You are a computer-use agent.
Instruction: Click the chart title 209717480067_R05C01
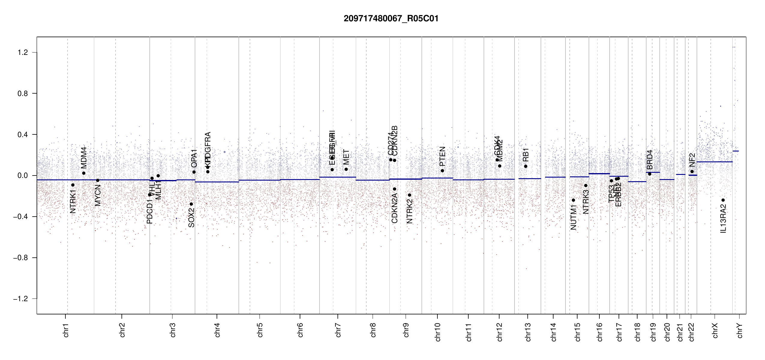(x=391, y=19)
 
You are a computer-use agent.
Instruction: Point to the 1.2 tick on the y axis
(x=23, y=52)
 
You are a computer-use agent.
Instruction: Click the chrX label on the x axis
(x=715, y=330)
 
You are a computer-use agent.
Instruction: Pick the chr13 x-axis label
(x=528, y=332)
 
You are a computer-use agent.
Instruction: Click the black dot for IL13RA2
(x=723, y=200)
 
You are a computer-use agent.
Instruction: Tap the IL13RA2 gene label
(x=723, y=218)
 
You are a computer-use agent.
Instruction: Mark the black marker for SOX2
(x=191, y=204)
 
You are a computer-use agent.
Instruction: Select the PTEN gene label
(x=442, y=156)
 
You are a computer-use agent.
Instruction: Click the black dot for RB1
(x=526, y=166)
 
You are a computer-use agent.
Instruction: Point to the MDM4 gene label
(x=84, y=158)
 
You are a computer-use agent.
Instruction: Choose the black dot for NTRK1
(x=73, y=185)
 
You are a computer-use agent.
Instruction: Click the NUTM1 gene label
(x=574, y=217)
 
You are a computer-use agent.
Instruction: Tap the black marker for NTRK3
(x=586, y=186)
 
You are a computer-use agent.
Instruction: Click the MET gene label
(x=346, y=157)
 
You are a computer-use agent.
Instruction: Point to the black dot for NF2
(x=692, y=172)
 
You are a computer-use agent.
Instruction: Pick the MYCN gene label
(x=98, y=195)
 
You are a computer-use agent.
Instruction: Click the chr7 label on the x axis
(x=338, y=330)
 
